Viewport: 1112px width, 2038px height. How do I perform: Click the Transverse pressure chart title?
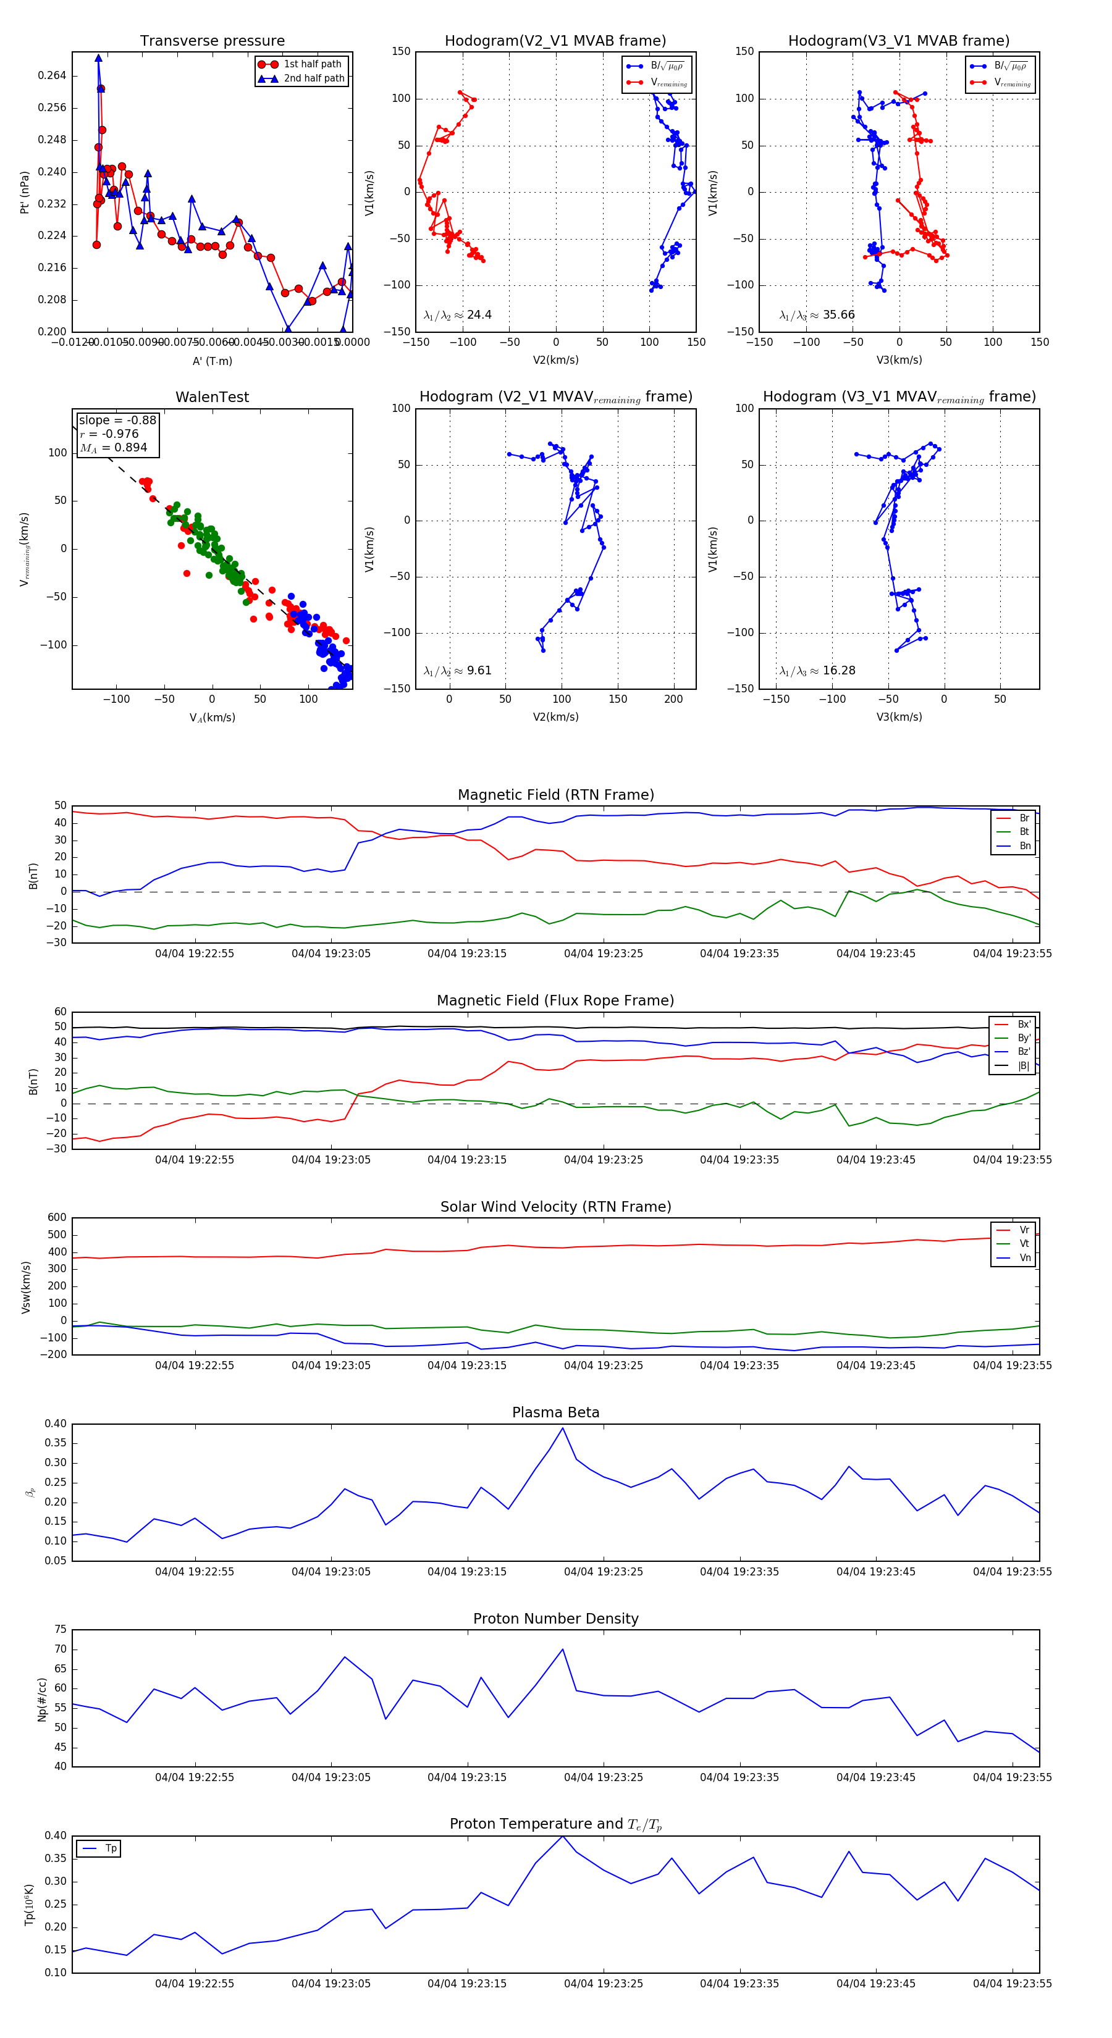(x=212, y=41)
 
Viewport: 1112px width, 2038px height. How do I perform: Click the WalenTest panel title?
(x=212, y=397)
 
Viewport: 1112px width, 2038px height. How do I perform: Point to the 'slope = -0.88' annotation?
(x=117, y=420)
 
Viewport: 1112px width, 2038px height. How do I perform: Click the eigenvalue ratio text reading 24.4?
(x=457, y=315)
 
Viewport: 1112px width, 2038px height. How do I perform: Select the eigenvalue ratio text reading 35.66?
(x=817, y=315)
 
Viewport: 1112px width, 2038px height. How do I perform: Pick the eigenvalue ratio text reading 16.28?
(x=817, y=671)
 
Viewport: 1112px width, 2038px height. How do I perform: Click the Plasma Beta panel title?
(x=555, y=1412)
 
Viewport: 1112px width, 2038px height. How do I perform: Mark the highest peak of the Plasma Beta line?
(x=563, y=1428)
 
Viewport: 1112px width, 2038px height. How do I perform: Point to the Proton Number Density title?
(x=555, y=1619)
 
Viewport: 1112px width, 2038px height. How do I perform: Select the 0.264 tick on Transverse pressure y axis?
(x=53, y=76)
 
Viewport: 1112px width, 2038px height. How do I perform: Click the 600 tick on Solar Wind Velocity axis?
(x=57, y=1218)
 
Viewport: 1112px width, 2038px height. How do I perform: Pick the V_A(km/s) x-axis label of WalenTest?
(x=212, y=718)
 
